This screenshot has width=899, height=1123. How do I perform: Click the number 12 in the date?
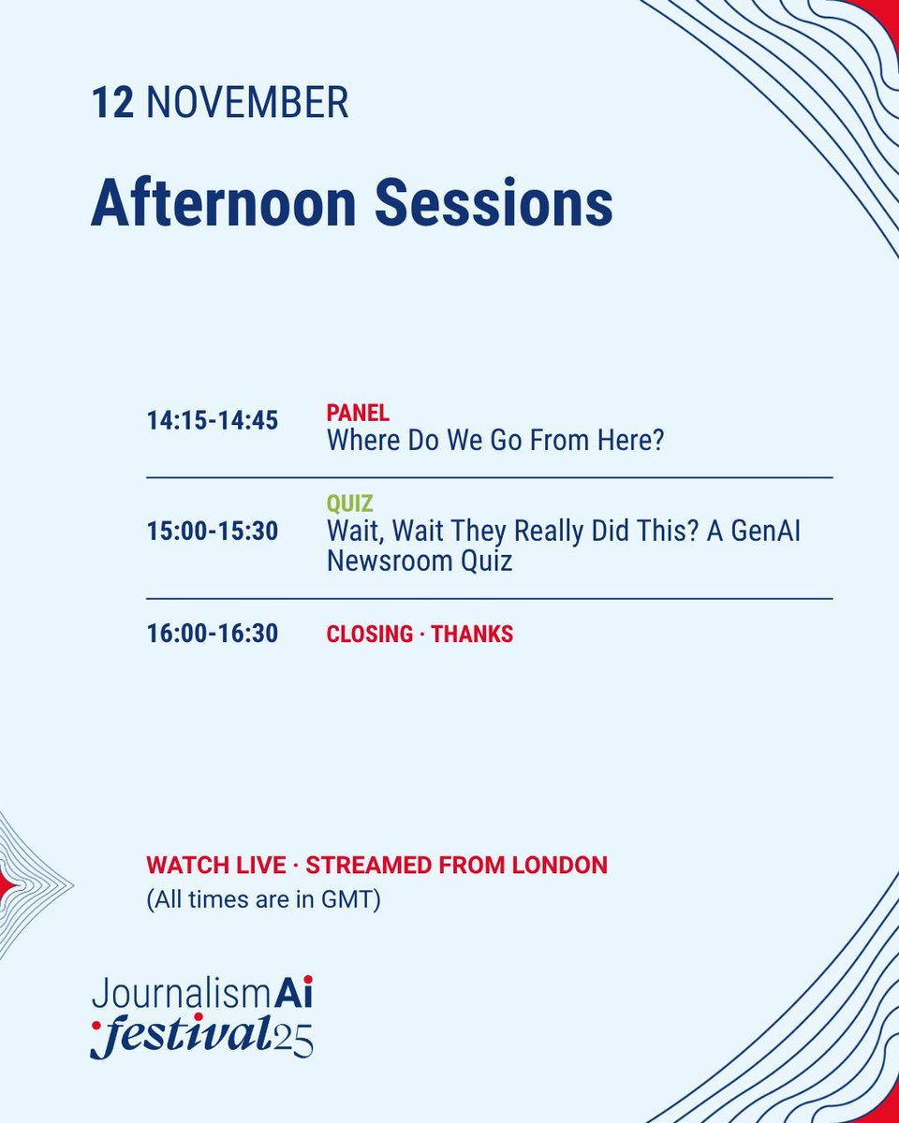[112, 103]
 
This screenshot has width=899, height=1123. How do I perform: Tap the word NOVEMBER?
[247, 103]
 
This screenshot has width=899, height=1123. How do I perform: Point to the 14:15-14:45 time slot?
[213, 421]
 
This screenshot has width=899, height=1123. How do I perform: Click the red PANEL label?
[358, 413]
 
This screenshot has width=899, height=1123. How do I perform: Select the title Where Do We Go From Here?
[494, 440]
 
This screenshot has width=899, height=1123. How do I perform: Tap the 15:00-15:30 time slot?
[213, 532]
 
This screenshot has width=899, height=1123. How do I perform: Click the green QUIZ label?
[349, 504]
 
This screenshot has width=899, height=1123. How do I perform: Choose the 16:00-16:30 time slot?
[213, 634]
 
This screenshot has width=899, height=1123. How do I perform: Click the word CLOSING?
[369, 634]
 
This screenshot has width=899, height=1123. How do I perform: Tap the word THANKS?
[472, 634]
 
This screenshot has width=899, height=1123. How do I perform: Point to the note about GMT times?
[263, 902]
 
